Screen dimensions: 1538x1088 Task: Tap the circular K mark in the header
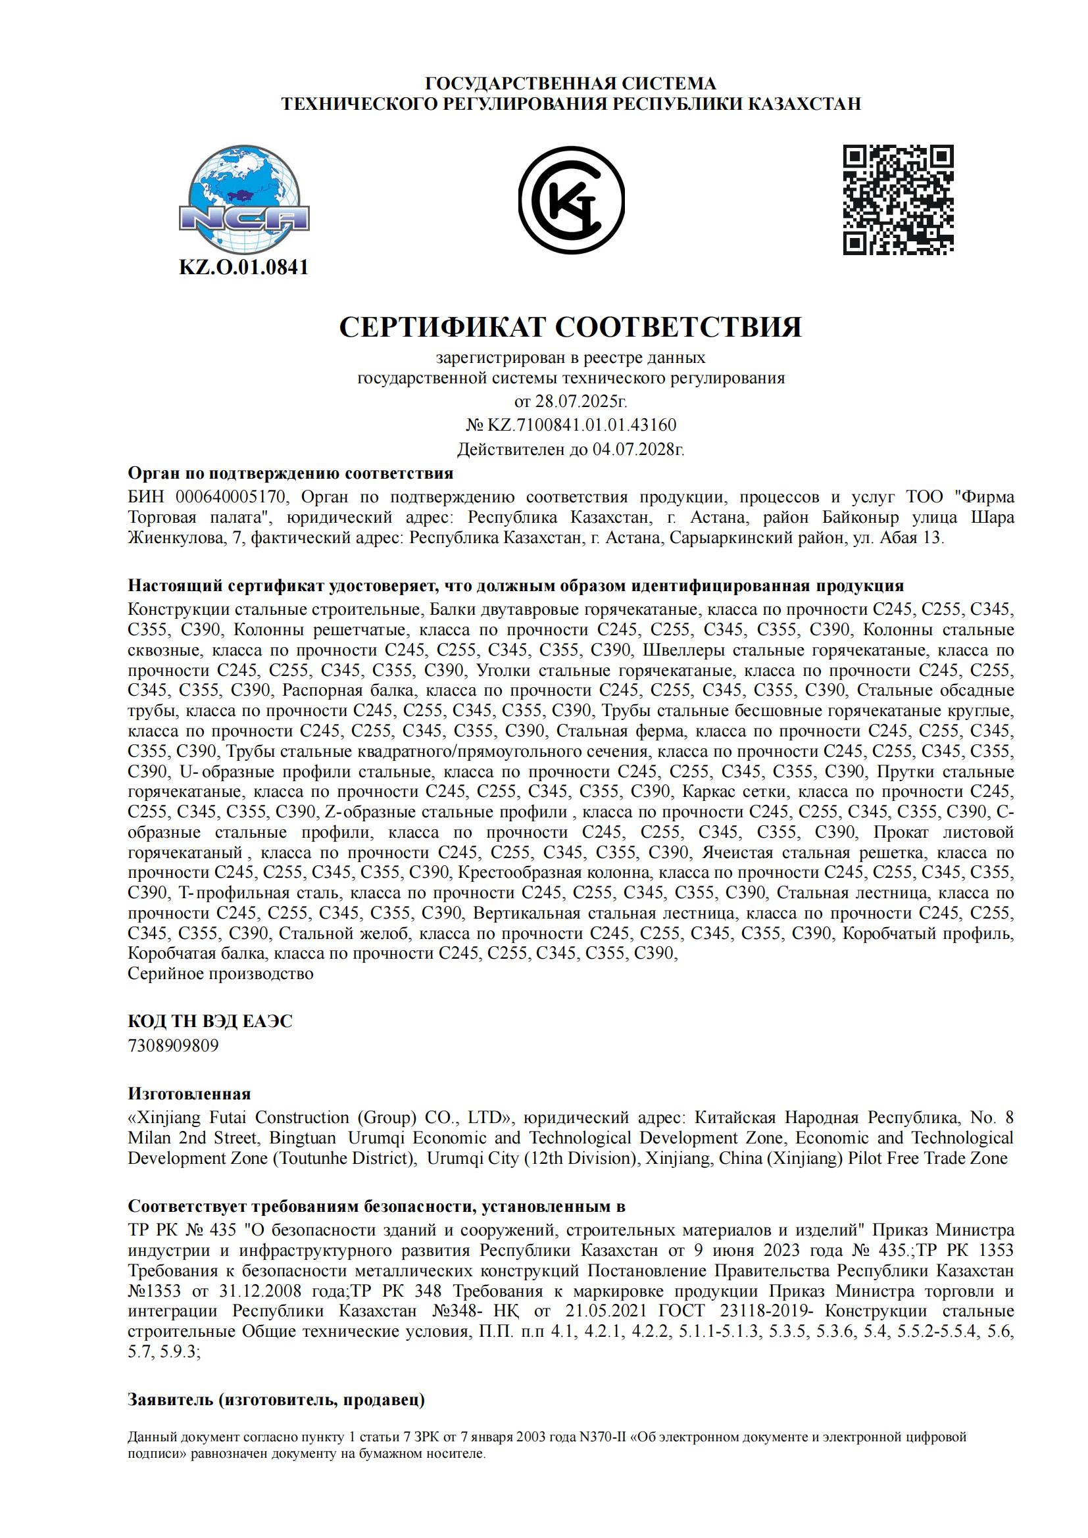tap(572, 200)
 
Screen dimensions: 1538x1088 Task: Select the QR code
tap(898, 200)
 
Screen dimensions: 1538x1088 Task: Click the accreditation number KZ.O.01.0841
tap(244, 267)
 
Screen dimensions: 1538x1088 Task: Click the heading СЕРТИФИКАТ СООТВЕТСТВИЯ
tap(570, 327)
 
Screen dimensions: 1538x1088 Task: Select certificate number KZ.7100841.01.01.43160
tap(581, 425)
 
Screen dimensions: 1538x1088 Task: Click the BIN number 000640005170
tap(230, 496)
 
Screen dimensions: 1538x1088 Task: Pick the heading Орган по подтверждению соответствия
tap(291, 473)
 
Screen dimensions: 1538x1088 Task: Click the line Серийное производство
tap(220, 973)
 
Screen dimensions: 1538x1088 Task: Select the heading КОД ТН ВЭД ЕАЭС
tap(210, 1021)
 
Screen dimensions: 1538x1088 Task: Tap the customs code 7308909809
tap(173, 1045)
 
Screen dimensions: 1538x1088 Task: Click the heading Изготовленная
tap(189, 1094)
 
